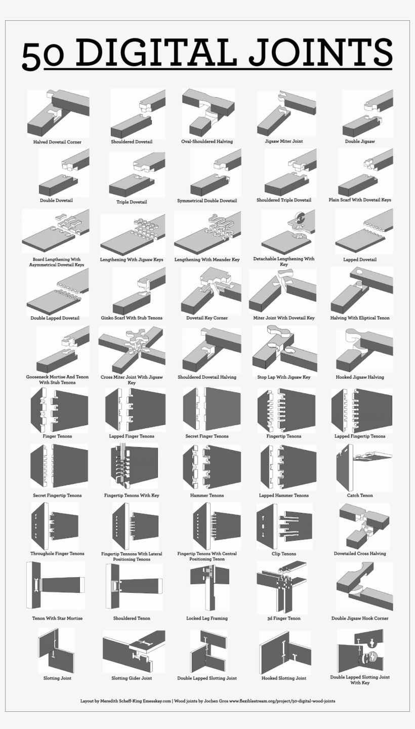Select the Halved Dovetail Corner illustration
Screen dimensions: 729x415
coord(58,113)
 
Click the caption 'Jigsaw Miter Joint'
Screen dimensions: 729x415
coord(283,141)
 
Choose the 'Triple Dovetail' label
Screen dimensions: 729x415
coord(132,202)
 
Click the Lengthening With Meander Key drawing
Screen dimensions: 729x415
coord(207,233)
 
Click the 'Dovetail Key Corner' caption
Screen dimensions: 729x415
coord(207,318)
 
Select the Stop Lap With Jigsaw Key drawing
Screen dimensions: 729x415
coord(283,349)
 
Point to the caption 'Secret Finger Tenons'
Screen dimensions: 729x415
coord(207,436)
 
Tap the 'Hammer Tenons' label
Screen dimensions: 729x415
coord(207,496)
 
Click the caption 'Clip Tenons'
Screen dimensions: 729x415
coord(283,554)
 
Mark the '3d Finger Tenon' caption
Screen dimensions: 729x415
coord(283,618)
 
